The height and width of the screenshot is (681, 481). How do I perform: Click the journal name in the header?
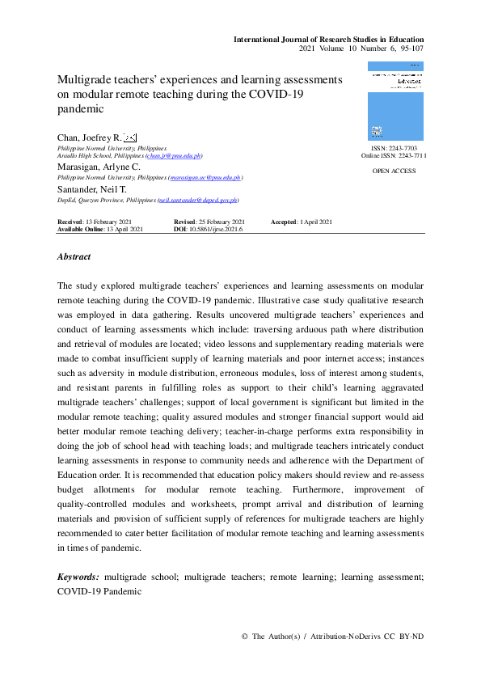pyautogui.click(x=328, y=39)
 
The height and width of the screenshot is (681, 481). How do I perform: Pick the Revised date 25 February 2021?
pyautogui.click(x=221, y=222)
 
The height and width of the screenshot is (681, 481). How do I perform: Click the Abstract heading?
pyautogui.click(x=74, y=256)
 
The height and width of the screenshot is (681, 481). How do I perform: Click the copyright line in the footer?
pyautogui.click(x=332, y=637)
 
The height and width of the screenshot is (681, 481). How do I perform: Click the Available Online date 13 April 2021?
pyautogui.click(x=124, y=230)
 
